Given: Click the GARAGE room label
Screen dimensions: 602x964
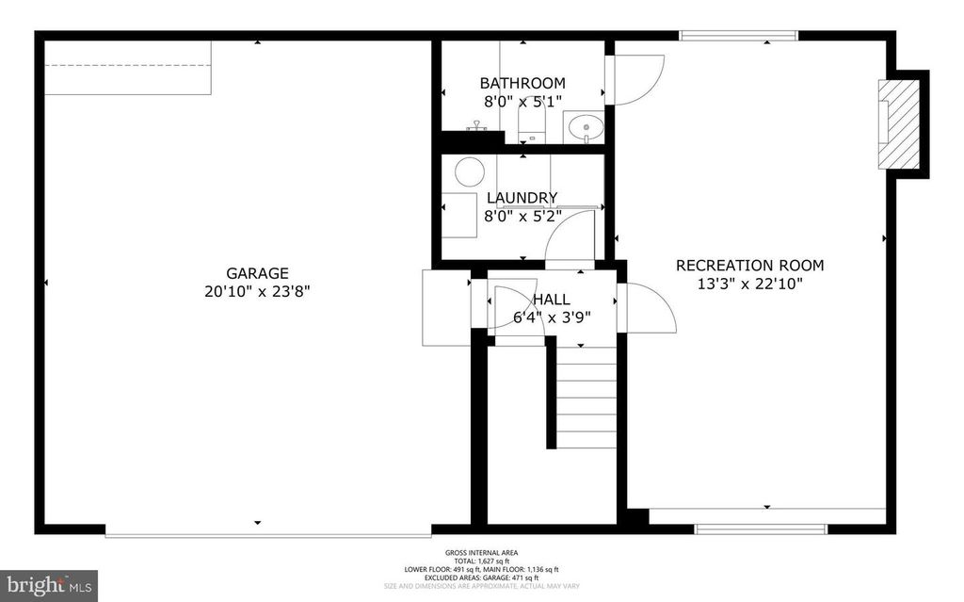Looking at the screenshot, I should (257, 273).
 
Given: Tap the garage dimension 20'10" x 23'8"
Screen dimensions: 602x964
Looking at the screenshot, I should (257, 291).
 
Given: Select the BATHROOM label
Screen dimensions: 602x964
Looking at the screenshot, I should (522, 83).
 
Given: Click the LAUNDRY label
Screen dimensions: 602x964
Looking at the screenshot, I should (522, 198).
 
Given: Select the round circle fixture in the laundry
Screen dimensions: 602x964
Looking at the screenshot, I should (470, 171).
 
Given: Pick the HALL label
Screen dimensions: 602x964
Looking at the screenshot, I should (550, 300).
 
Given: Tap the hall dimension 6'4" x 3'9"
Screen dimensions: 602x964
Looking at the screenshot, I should (542, 317).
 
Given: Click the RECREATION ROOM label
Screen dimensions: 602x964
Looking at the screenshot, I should (749, 266).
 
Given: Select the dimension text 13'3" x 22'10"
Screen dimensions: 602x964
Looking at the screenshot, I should (749, 283).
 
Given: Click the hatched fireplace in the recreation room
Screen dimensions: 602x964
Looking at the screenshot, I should (899, 124).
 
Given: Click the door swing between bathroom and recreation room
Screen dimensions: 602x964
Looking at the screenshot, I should (636, 79).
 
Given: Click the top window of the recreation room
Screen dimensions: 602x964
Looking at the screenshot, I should (739, 36).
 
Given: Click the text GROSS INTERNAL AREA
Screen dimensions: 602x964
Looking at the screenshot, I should (481, 553).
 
